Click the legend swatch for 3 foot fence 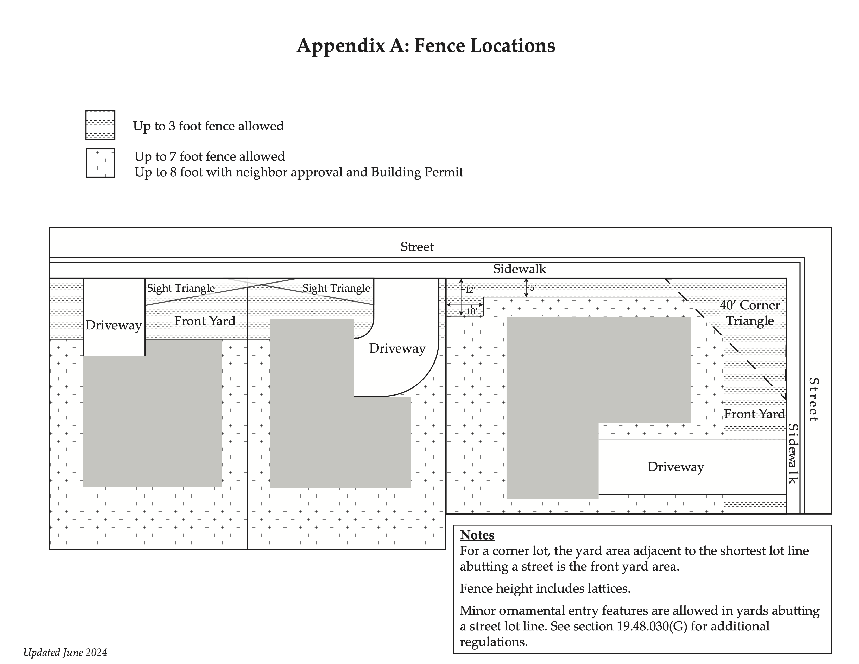click(100, 125)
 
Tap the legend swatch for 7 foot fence click(100, 163)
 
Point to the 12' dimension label click(470, 290)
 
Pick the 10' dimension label click(471, 311)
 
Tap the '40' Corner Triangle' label click(750, 313)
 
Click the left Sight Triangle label click(181, 288)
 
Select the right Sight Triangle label click(336, 288)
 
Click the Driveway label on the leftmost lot click(114, 325)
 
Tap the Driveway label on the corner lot click(676, 467)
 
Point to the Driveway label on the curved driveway click(397, 348)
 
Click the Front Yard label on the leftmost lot click(205, 321)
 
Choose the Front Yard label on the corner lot click(754, 414)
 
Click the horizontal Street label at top click(417, 247)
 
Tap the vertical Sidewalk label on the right click(793, 454)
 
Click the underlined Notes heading click(477, 535)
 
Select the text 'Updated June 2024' click(65, 653)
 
